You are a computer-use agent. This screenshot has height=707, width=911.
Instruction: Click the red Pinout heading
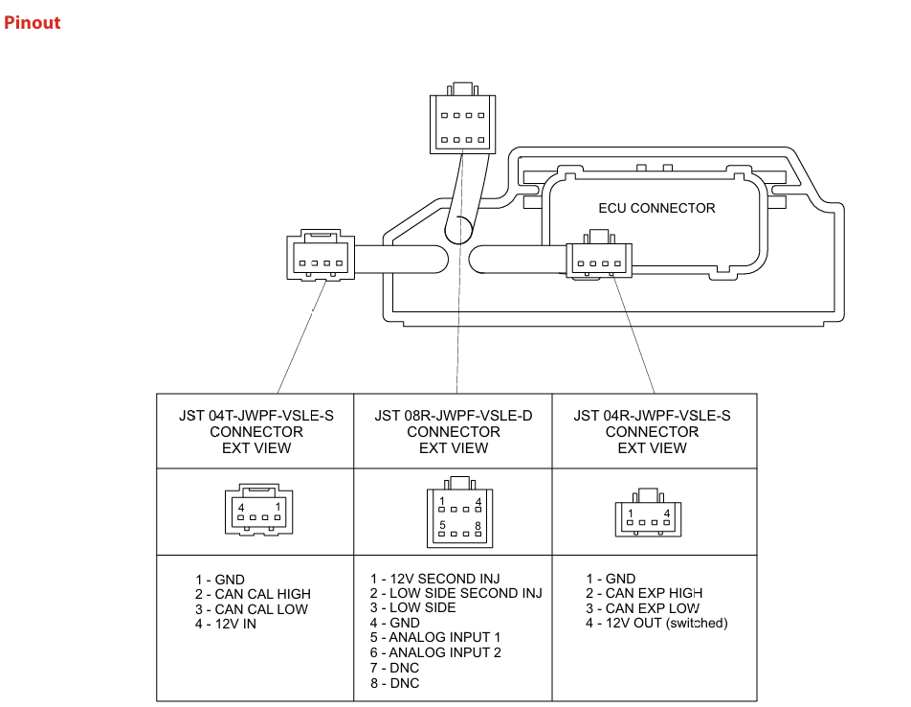(x=32, y=22)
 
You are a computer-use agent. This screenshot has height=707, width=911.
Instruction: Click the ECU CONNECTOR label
(x=656, y=208)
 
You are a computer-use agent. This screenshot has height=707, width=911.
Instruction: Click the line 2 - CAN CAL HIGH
(x=253, y=594)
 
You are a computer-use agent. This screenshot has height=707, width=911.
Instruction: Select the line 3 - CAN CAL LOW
(x=252, y=609)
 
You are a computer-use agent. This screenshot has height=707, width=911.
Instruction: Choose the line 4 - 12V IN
(x=226, y=625)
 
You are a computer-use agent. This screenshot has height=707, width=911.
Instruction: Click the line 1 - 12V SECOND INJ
(x=435, y=579)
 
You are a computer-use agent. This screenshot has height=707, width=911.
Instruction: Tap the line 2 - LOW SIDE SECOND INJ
(x=456, y=593)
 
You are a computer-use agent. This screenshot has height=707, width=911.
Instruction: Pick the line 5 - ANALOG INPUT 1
(x=435, y=637)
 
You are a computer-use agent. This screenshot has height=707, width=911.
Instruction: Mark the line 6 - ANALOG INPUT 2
(x=436, y=652)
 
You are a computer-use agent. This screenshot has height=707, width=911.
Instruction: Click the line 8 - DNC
(x=395, y=683)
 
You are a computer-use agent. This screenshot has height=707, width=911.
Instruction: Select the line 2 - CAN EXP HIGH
(x=644, y=594)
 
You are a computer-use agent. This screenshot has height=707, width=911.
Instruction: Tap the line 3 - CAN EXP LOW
(x=642, y=608)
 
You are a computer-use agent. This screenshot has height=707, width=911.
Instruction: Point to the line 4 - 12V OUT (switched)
(x=656, y=624)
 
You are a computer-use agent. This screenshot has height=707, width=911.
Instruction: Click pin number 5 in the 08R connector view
(x=442, y=525)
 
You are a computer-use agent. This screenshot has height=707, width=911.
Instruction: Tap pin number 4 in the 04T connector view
(x=242, y=507)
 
